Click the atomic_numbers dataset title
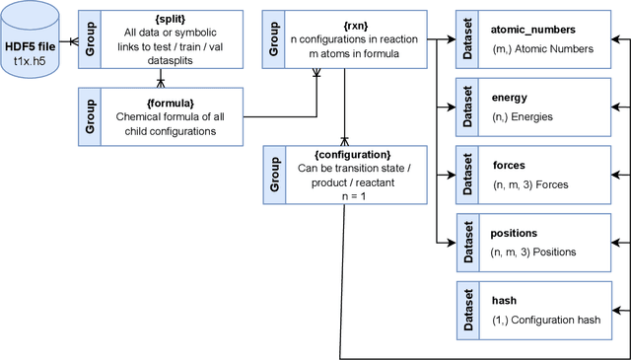pos(533,30)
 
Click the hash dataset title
pos(504,300)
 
